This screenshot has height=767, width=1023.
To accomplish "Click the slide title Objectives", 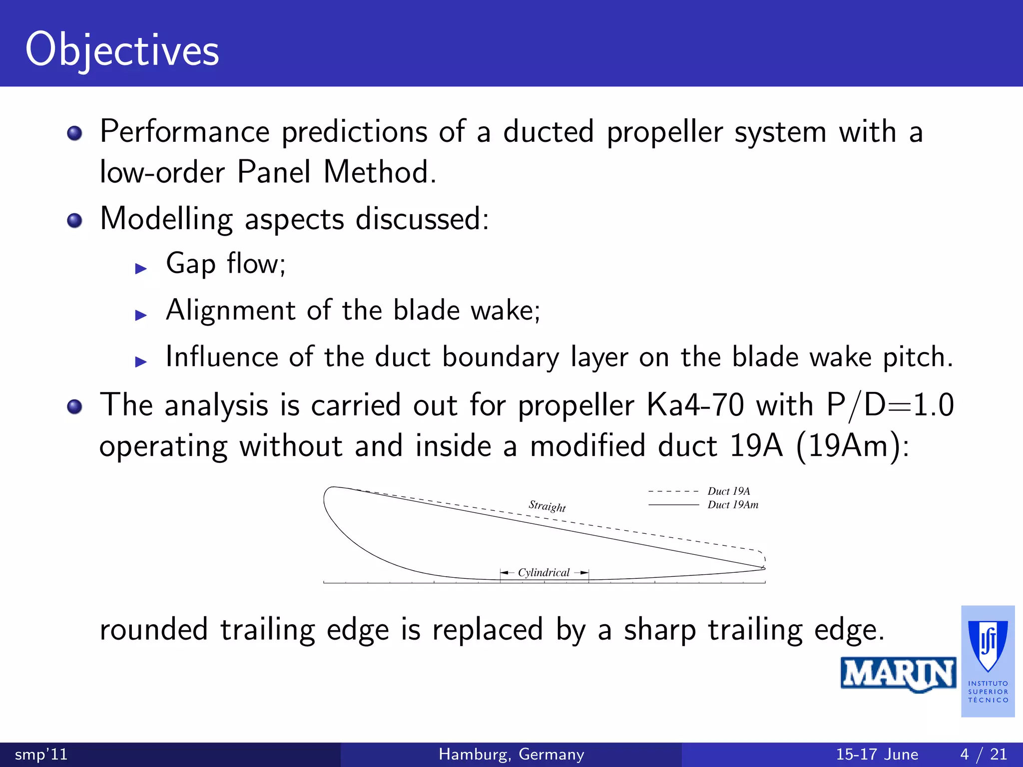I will coord(122,50).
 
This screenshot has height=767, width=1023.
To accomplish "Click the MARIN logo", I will coord(898,674).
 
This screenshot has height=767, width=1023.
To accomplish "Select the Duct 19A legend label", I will coord(728,491).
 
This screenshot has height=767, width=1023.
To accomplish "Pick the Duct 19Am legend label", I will coord(733,505).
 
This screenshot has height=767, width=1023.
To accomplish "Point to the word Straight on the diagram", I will coord(547,506).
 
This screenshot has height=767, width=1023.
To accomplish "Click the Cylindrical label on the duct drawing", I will coord(543,573).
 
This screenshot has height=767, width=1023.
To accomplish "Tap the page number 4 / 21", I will coord(984,754).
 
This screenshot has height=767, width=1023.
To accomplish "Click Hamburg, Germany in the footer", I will coord(511,754).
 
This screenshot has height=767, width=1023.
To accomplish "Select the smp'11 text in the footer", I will coord(41,754).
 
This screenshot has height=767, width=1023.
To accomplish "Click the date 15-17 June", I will coord(877,754).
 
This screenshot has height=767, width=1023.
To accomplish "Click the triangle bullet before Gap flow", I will coord(141,269).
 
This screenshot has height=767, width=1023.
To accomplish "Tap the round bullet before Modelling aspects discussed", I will coord(74,220).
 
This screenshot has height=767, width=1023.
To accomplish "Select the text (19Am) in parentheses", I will coord(852,445).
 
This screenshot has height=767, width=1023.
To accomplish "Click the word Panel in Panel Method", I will coord(274,172).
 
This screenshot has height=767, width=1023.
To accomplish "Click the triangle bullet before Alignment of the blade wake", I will coord(141,315).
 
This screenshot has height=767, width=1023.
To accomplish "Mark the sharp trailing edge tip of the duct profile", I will coord(764,568).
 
